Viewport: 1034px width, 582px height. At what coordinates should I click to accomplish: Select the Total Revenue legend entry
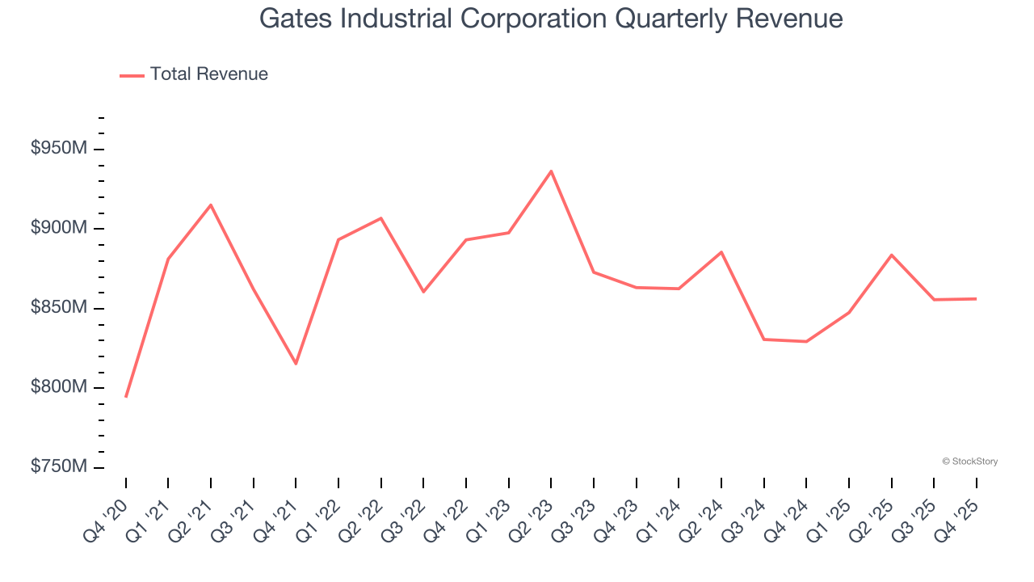[x=194, y=74]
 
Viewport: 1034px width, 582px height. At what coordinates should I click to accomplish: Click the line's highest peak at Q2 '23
[x=551, y=171]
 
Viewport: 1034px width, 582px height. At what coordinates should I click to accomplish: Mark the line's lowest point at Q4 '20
[x=126, y=397]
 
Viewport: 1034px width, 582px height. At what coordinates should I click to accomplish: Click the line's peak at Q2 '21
[x=211, y=205]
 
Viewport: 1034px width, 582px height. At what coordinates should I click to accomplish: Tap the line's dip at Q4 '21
[x=296, y=364]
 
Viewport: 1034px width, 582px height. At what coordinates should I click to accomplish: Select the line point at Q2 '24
[x=721, y=252]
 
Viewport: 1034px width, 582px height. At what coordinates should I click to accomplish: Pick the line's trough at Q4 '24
[x=806, y=341]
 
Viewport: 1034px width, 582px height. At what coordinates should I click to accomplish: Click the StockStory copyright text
[x=969, y=462]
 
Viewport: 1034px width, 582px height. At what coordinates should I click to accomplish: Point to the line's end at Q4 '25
[x=976, y=299]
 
